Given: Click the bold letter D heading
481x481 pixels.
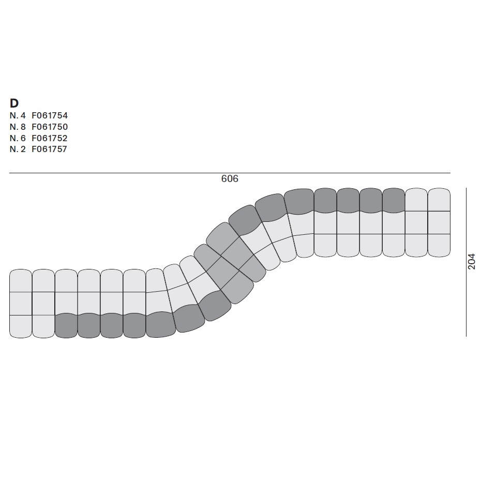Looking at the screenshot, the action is pos(14,103).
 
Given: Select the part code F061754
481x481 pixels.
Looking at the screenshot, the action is pos(50,116).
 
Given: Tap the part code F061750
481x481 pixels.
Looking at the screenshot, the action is pos(50,127).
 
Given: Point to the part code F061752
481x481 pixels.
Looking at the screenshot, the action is pos(50,138).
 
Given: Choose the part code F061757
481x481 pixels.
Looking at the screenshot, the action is pos(49,149).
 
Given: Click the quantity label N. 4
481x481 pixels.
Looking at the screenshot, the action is pos(18,116).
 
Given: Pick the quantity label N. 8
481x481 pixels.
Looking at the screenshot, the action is pos(18,127).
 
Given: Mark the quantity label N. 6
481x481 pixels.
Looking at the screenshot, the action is pos(18,138).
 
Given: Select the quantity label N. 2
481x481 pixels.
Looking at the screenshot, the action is pos(18,149).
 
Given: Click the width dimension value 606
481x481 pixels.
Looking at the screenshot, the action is pos(230,178).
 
